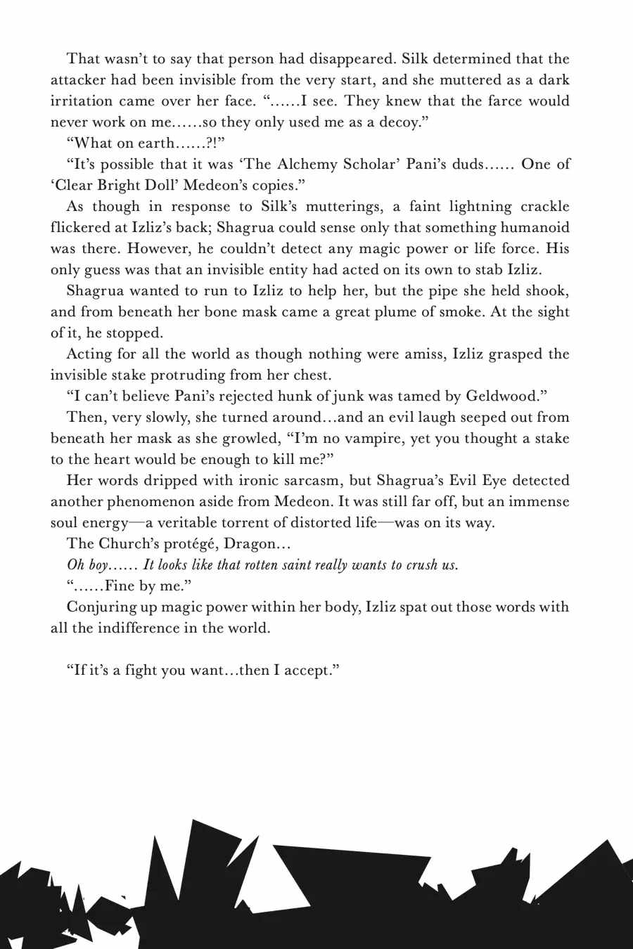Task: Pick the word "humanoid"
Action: (535, 228)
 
